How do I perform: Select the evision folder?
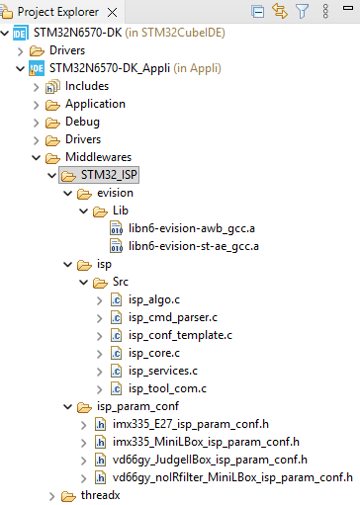115,193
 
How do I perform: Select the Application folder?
95,104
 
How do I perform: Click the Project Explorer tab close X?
123,12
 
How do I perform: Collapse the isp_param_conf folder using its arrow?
67,406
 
